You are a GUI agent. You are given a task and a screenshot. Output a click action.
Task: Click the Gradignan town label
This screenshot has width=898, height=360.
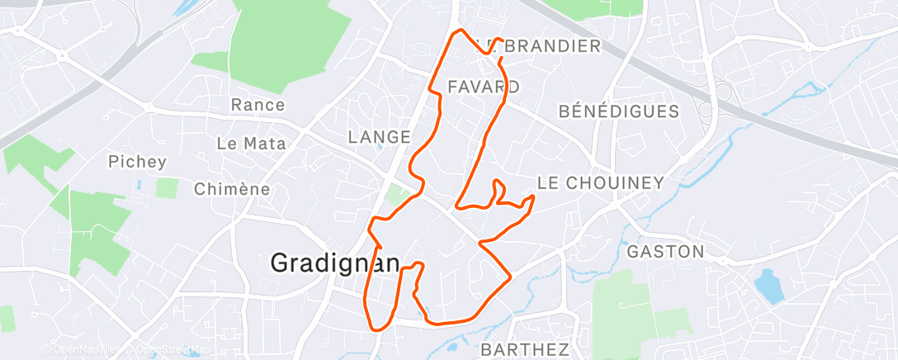click(x=335, y=263)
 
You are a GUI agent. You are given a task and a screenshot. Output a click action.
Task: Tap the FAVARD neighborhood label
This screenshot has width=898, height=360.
click(x=484, y=87)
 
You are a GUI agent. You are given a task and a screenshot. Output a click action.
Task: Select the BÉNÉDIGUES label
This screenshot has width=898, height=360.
click(x=619, y=111)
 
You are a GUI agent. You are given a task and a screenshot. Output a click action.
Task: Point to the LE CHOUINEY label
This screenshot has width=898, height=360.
click(x=600, y=182)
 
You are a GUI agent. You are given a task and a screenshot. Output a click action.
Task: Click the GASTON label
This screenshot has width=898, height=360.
click(x=666, y=251)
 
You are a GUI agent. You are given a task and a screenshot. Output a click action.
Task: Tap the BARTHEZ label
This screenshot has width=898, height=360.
click(x=525, y=349)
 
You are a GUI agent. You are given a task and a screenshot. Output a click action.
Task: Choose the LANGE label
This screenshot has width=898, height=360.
click(x=380, y=137)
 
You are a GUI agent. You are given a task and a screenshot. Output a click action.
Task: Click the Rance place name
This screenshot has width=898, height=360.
click(x=258, y=105)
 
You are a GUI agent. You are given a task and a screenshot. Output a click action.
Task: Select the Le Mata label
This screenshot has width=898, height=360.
click(x=251, y=143)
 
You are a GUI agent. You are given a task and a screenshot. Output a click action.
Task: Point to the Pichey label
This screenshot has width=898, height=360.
click(x=137, y=162)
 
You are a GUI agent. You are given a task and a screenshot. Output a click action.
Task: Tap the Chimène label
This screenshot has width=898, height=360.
click(x=232, y=189)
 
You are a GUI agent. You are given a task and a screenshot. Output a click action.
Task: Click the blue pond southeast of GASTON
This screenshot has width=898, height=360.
click(x=768, y=285)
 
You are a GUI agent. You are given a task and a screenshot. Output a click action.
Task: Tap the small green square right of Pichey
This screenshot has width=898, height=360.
click(x=166, y=187)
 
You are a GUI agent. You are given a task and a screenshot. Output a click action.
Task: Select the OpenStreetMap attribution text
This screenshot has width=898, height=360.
click(x=168, y=350)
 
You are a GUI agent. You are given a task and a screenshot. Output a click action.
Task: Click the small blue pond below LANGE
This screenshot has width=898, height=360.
click(x=379, y=148)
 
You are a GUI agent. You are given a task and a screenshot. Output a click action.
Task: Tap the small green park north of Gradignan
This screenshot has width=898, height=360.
click(x=399, y=197)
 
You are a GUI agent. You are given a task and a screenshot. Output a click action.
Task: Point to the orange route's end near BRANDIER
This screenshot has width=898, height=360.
click(x=502, y=40)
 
